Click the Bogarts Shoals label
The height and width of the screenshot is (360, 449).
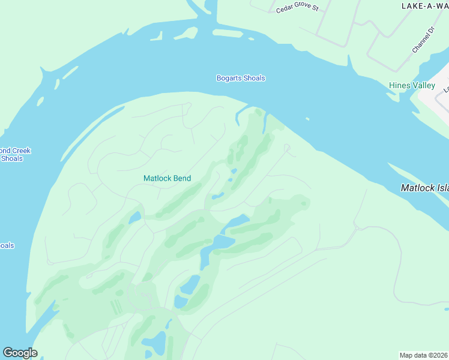pos(240,78)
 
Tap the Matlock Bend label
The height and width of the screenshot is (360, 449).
pos(167,178)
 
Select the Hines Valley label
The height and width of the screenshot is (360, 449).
pos(412,86)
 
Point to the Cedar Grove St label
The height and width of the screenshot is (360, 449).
pos(296,10)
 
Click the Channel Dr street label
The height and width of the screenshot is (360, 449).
pos(423,40)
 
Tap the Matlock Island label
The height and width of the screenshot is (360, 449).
pos(425,188)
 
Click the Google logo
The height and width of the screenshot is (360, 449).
pos(20,353)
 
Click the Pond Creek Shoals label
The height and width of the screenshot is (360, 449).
pos(13,155)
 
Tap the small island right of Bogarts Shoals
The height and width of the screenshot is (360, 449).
pos(307,119)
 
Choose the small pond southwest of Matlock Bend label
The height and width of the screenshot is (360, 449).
pos(135,217)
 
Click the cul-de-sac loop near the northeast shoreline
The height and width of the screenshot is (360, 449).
pos(287,147)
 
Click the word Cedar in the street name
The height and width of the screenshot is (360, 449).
pos(284,10)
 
